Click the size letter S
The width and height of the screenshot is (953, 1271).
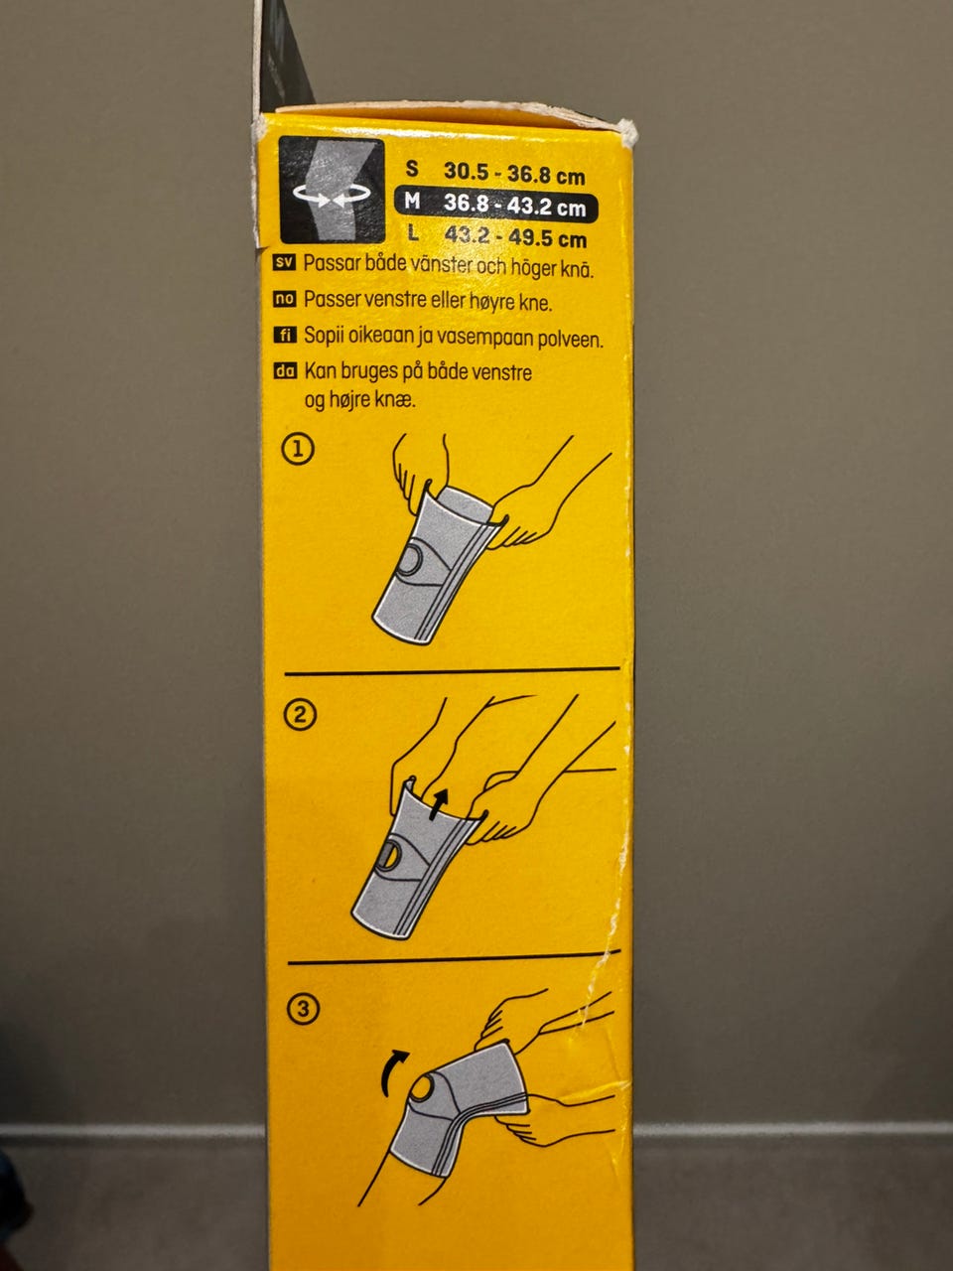click(x=411, y=169)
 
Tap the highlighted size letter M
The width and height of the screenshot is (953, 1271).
click(x=412, y=201)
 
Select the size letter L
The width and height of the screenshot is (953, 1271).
click(x=413, y=233)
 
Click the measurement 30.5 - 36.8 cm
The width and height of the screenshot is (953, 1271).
click(x=514, y=173)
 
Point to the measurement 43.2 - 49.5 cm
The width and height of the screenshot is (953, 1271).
click(x=515, y=237)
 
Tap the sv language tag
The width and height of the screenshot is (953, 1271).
click(x=284, y=263)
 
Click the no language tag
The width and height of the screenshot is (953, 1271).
click(x=285, y=299)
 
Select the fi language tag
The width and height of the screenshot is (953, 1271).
click(x=285, y=335)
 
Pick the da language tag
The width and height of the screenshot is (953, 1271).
click(x=286, y=370)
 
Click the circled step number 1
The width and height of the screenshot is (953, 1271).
click(x=298, y=450)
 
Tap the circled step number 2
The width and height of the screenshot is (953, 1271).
click(x=300, y=715)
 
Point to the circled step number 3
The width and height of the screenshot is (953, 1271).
click(x=303, y=1009)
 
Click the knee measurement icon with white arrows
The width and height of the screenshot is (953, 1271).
click(x=332, y=190)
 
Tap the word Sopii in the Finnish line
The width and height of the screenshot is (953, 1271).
click(x=324, y=337)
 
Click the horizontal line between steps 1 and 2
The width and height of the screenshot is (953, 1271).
click(x=452, y=671)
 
